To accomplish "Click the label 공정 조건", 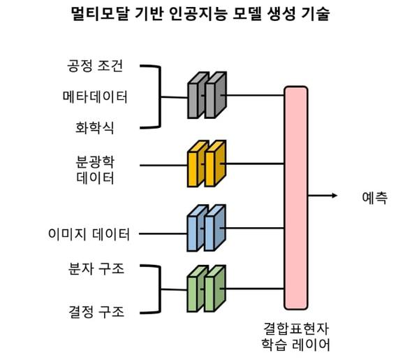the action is click(x=95, y=66).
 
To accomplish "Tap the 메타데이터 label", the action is click(x=95, y=97).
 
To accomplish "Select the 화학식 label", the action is click(x=95, y=128).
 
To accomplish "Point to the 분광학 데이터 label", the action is click(x=95, y=170).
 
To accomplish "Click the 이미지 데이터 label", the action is click(x=89, y=234).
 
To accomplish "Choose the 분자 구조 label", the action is click(x=96, y=269).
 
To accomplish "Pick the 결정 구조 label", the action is click(x=96, y=312).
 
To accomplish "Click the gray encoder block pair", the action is click(x=207, y=95).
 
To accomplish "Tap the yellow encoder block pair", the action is click(x=207, y=164).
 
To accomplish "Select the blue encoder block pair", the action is click(x=207, y=228).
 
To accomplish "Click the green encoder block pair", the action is click(x=207, y=289).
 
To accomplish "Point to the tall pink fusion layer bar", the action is click(x=296, y=198).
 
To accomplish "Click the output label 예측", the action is click(x=374, y=198).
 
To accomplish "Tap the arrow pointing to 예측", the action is click(x=323, y=196).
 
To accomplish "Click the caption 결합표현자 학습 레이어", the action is click(x=296, y=337).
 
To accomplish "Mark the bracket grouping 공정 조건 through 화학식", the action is click(x=160, y=97).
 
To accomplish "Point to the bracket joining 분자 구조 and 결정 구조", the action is click(x=160, y=289).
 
